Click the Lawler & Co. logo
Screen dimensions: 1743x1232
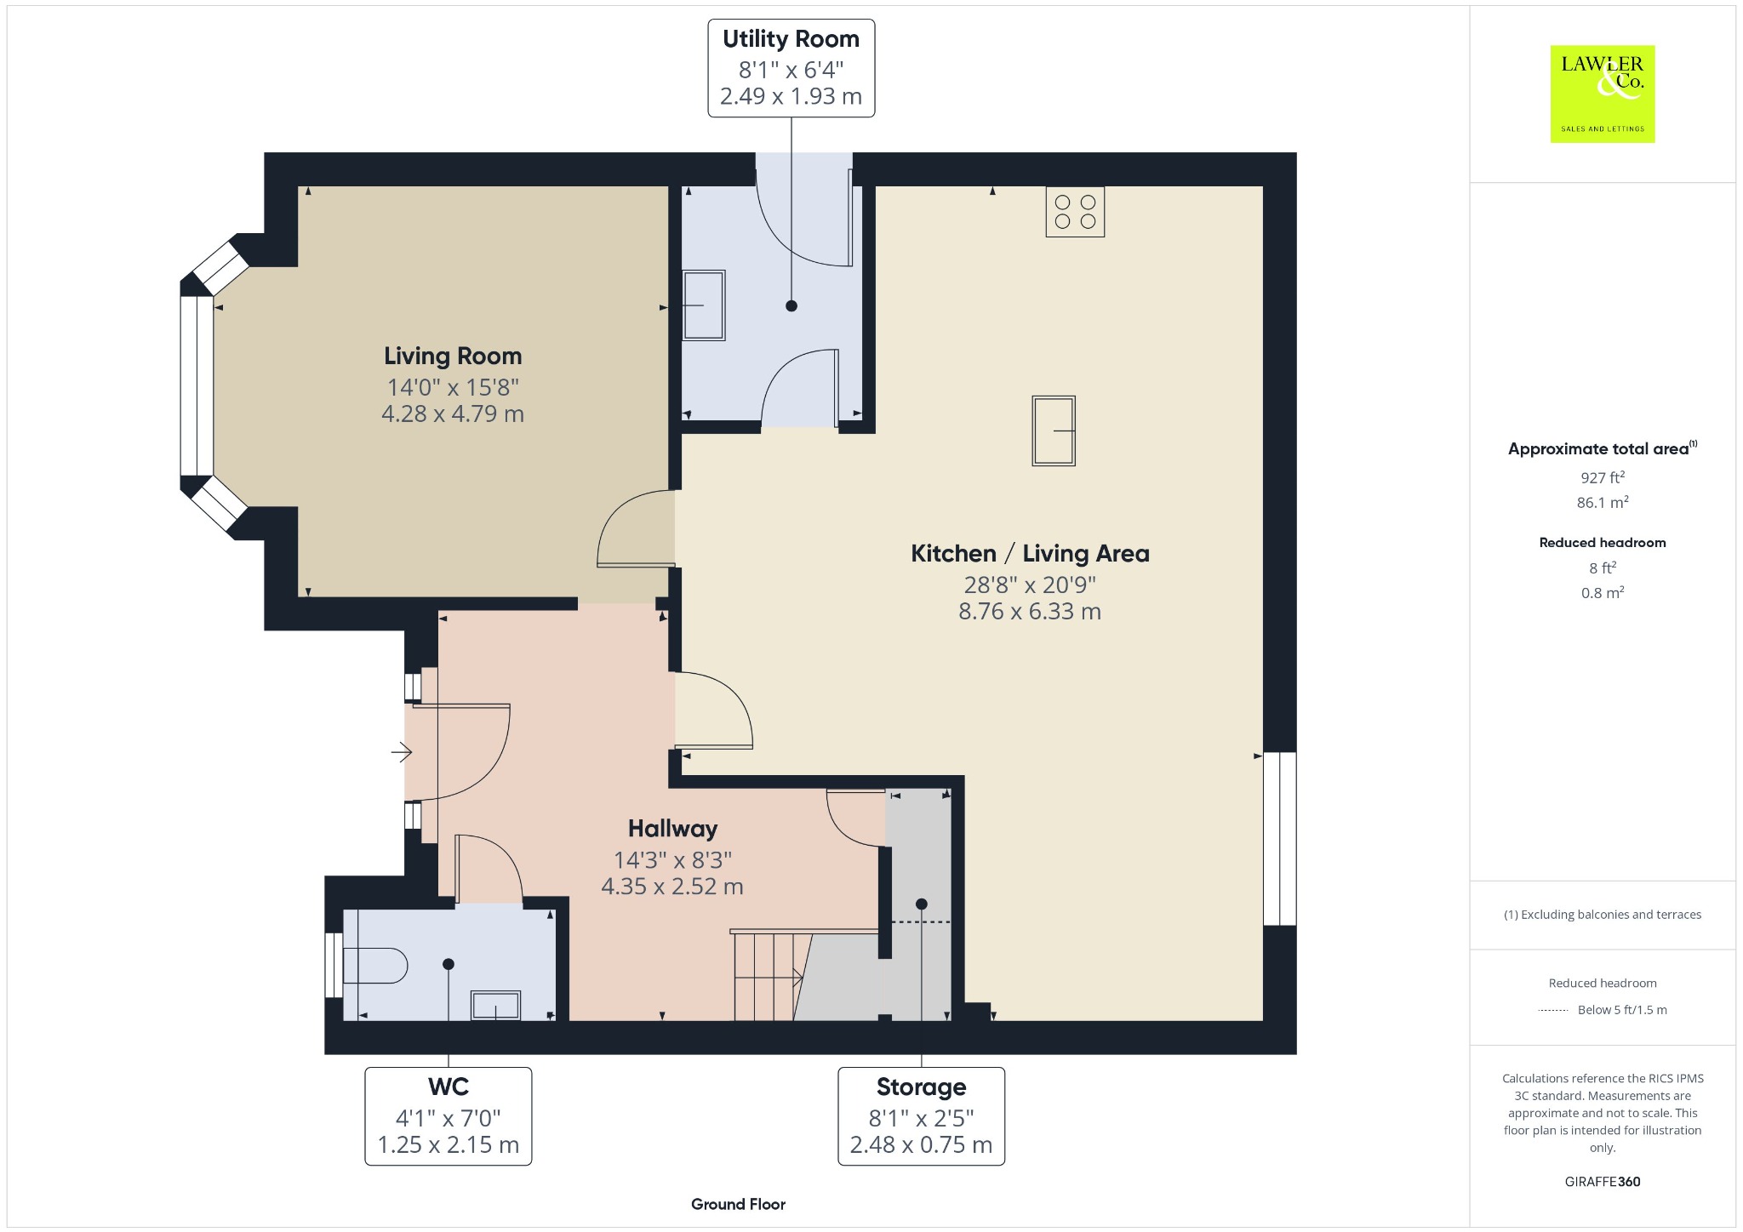1602,94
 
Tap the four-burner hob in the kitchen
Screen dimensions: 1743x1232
1075,212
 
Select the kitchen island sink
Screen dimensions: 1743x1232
1054,431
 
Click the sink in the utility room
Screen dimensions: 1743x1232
704,305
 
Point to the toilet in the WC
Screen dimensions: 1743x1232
375,966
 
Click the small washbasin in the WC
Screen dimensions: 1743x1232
495,1005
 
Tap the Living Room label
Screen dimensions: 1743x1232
453,356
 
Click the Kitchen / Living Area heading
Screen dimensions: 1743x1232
1030,554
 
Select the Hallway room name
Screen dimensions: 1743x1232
672,829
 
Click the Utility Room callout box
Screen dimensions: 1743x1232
791,68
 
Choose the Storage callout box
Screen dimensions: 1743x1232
921,1116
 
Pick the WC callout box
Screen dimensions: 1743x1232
449,1116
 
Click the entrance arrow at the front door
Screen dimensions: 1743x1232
402,752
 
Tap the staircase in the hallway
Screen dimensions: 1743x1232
803,975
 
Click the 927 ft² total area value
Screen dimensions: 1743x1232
1602,477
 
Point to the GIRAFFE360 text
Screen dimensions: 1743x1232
1602,1182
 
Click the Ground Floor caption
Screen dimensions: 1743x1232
738,1204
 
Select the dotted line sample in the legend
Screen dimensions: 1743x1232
1553,1010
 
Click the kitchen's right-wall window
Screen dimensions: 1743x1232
1280,838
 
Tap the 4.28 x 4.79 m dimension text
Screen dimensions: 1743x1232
453,414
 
